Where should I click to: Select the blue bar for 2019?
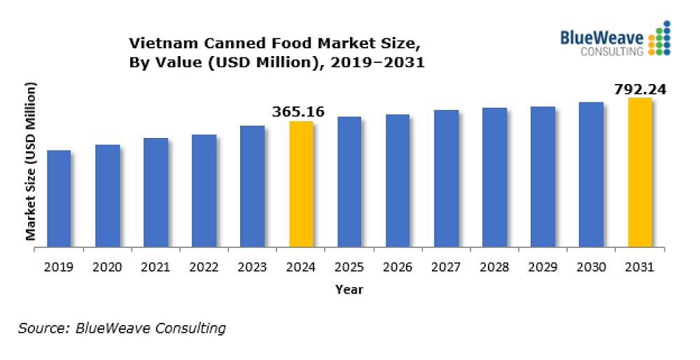click(59, 199)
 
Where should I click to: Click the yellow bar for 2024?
click(301, 184)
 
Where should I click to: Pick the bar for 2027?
click(446, 179)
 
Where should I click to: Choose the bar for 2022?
click(204, 191)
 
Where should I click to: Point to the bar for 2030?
click(591, 174)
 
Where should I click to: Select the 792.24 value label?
click(640, 89)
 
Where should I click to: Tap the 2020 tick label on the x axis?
click(108, 267)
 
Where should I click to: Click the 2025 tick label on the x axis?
click(349, 267)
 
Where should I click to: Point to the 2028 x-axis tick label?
click(494, 267)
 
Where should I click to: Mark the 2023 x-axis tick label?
click(253, 267)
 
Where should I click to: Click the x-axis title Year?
click(349, 289)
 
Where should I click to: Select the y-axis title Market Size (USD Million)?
click(31, 162)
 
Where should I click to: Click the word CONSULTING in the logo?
click(612, 52)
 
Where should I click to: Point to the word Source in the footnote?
click(36, 328)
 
